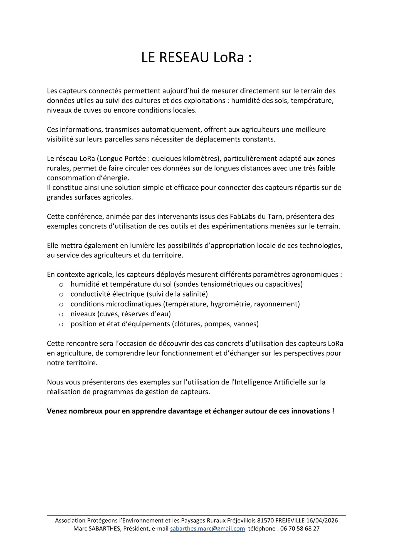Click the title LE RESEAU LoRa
(x=196, y=58)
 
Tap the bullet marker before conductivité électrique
(x=61, y=294)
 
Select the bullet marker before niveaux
(x=61, y=314)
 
